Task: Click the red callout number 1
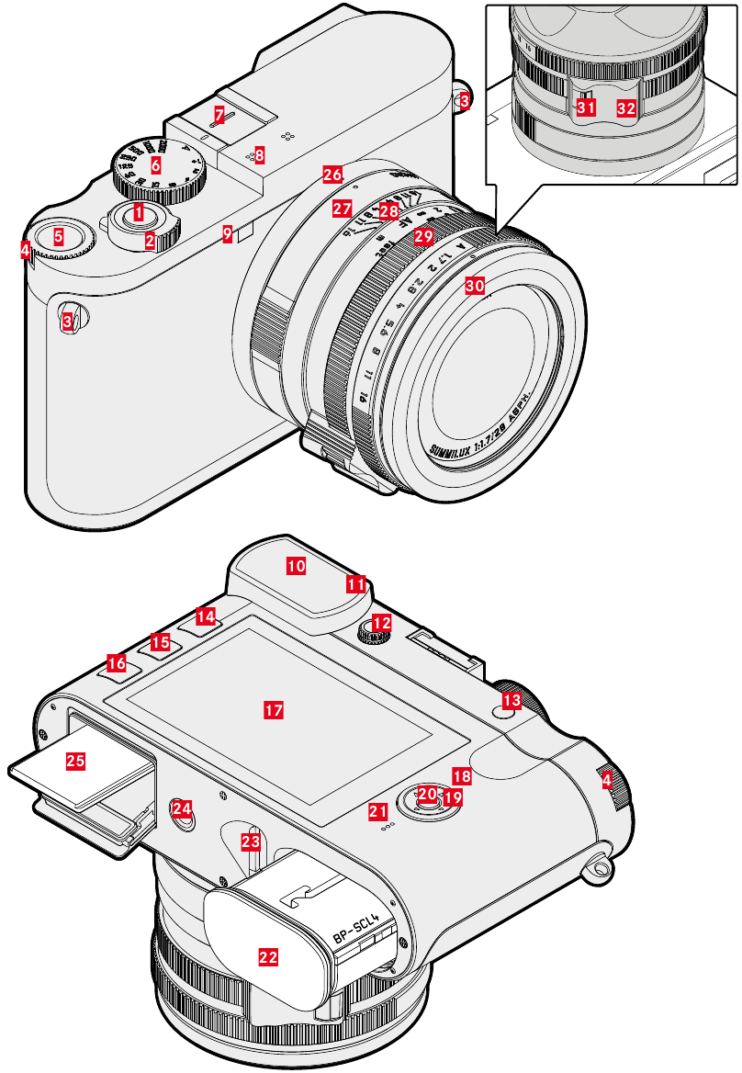138,212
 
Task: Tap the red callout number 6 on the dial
155,166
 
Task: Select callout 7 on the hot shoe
218,115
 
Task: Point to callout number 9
227,234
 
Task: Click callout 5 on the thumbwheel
59,236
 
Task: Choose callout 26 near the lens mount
332,173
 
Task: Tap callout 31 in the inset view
584,107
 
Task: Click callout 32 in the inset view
625,108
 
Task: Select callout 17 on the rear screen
273,710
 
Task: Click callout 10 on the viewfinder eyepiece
296,566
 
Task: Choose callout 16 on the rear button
117,661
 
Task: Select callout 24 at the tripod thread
183,808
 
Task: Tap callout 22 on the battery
268,956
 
